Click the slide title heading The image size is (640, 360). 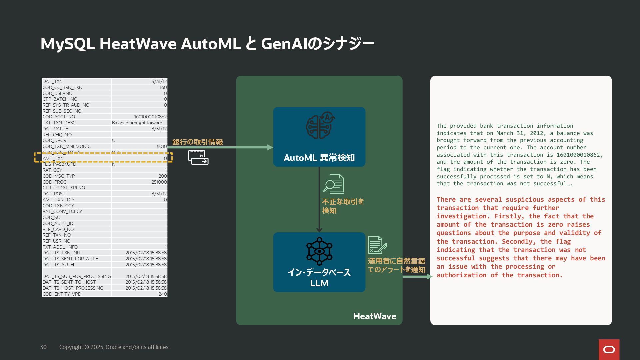(x=207, y=44)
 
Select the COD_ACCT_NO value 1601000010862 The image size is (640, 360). (x=150, y=117)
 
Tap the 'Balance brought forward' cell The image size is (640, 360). (x=137, y=123)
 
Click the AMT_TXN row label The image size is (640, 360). (x=53, y=158)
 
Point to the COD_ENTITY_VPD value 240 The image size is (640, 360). (x=163, y=294)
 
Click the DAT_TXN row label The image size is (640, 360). (x=53, y=81)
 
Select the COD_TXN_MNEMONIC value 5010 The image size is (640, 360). (x=162, y=147)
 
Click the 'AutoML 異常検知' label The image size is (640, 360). (x=319, y=158)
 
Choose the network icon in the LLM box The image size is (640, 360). (x=319, y=251)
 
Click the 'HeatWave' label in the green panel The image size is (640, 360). (x=375, y=316)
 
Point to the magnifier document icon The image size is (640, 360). (x=333, y=184)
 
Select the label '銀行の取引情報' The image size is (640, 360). (x=198, y=142)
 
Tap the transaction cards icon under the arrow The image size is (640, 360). (x=198, y=157)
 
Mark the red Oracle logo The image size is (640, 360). (x=609, y=349)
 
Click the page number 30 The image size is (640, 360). (x=43, y=347)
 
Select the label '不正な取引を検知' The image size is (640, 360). (x=343, y=206)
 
